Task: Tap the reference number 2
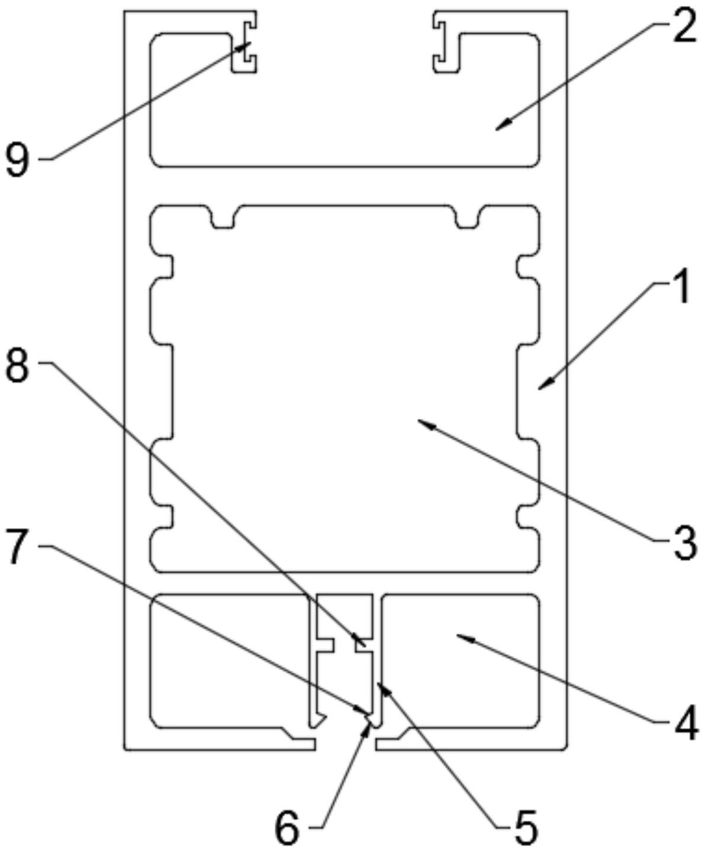682,28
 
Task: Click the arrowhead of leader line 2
497,128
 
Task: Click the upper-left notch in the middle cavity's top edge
223,217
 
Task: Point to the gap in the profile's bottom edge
345,744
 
